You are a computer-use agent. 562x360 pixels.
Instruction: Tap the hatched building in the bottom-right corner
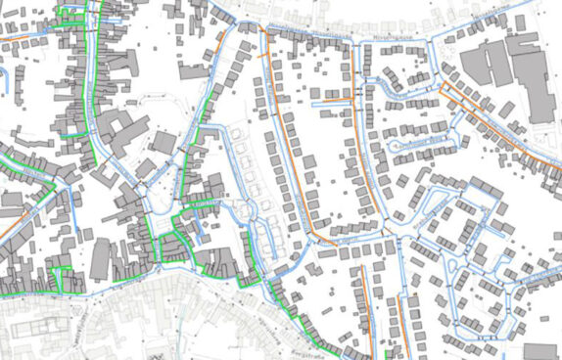(539, 351)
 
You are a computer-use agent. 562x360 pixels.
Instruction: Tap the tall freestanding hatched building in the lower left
(101, 260)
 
